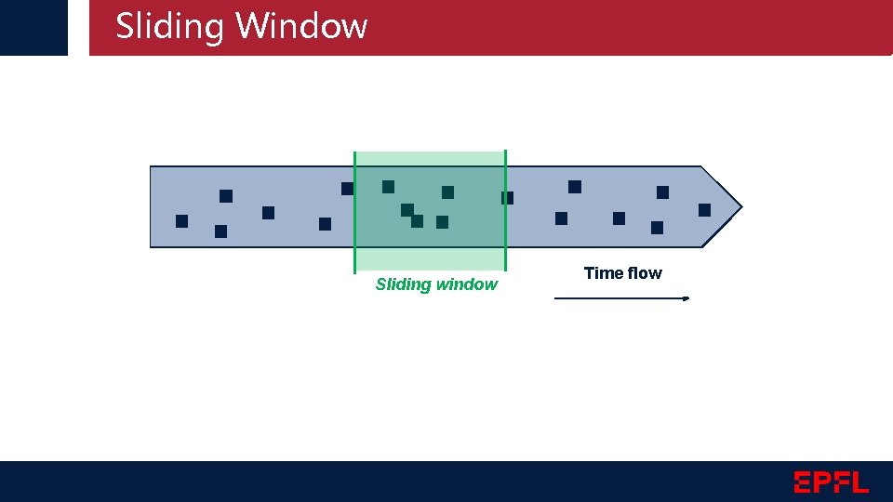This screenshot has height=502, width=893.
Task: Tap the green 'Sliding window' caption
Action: point(436,284)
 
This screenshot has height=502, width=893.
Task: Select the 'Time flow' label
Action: point(622,273)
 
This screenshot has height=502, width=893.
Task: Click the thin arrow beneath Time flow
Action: point(621,298)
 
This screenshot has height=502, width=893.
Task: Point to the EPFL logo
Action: point(831,482)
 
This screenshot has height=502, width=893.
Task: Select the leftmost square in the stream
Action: point(181,221)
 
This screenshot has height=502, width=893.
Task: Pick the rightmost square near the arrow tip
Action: point(704,210)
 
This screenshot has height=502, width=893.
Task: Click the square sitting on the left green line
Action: point(347,189)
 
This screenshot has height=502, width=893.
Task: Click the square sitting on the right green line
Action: point(507,198)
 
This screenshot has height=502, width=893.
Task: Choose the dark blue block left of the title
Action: point(33,27)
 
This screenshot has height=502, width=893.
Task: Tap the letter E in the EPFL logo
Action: point(804,482)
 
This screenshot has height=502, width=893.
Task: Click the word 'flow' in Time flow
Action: point(645,273)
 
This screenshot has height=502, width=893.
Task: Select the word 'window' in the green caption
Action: point(467,284)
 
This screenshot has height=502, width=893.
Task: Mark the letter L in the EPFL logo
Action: point(860,482)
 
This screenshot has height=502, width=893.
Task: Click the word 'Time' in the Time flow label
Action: point(604,273)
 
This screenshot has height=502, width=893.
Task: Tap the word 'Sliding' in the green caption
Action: point(404,284)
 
